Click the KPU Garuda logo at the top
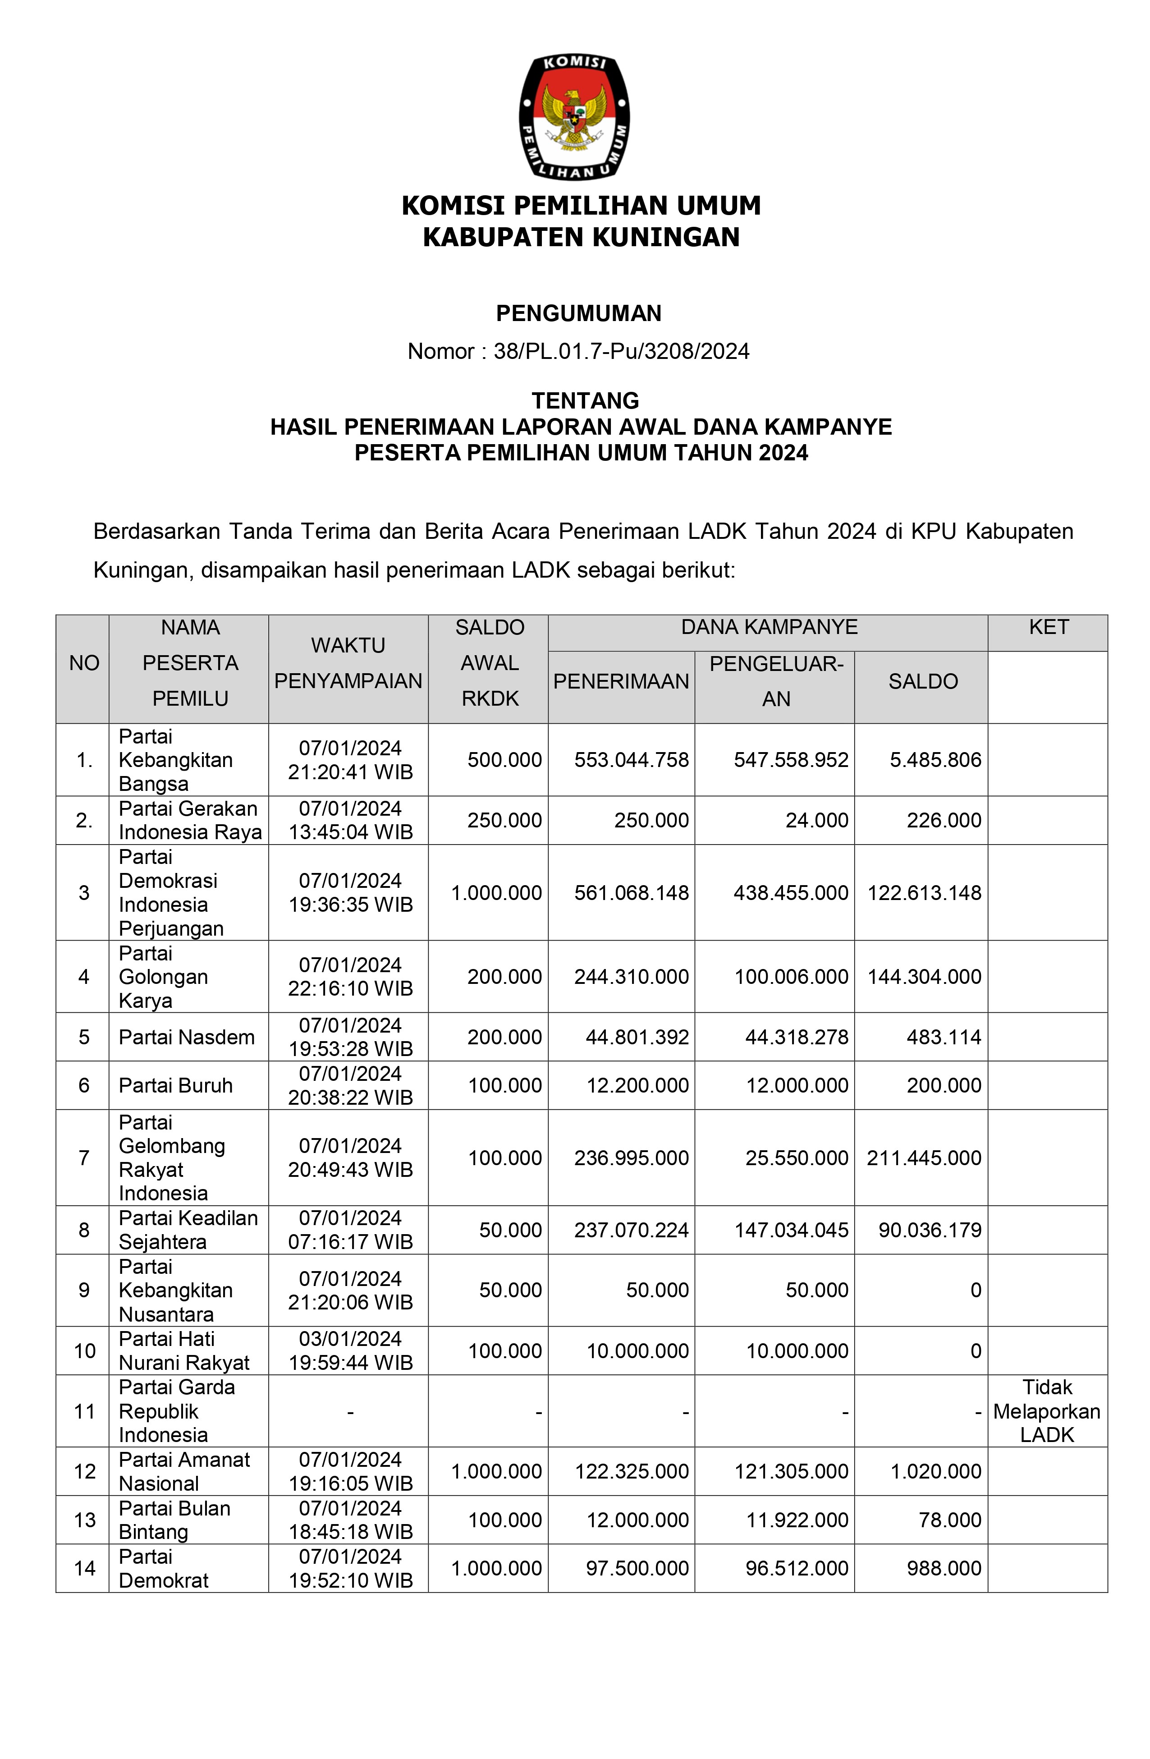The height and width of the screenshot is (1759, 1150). pyautogui.click(x=574, y=117)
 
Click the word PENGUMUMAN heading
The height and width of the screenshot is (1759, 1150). pyautogui.click(x=578, y=313)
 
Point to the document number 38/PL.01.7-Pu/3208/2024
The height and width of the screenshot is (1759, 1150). pyautogui.click(x=621, y=351)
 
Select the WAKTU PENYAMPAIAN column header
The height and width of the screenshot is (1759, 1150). pyautogui.click(x=348, y=663)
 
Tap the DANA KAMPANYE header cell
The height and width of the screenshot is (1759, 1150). pyautogui.click(x=769, y=628)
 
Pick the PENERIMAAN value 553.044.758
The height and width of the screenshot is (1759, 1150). pyautogui.click(x=631, y=760)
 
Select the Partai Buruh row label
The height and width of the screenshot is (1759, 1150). pyautogui.click(x=175, y=1085)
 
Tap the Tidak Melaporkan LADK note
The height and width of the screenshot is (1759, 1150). pyautogui.click(x=1046, y=1411)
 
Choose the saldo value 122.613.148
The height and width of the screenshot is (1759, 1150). pyautogui.click(x=924, y=893)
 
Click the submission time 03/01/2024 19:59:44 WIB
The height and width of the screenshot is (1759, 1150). pyautogui.click(x=350, y=1350)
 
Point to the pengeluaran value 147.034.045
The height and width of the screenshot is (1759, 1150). pyautogui.click(x=791, y=1230)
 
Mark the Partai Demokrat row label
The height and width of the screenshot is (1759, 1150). pyautogui.click(x=163, y=1568)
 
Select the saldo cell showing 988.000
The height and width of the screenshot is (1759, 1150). pyautogui.click(x=944, y=1568)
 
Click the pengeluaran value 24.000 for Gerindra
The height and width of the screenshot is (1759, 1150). pyautogui.click(x=817, y=820)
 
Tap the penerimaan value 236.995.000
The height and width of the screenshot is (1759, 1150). pyautogui.click(x=631, y=1157)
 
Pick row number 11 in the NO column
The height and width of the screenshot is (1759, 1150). pyautogui.click(x=84, y=1411)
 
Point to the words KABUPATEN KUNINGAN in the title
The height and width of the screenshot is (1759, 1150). pyautogui.click(x=581, y=237)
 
